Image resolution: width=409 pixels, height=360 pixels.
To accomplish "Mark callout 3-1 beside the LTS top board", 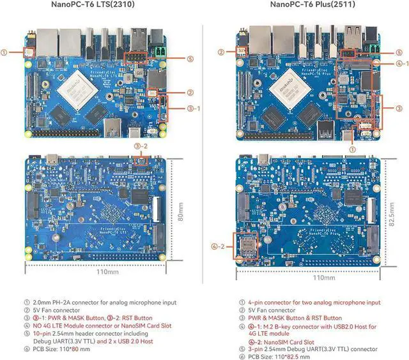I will (194, 109).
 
